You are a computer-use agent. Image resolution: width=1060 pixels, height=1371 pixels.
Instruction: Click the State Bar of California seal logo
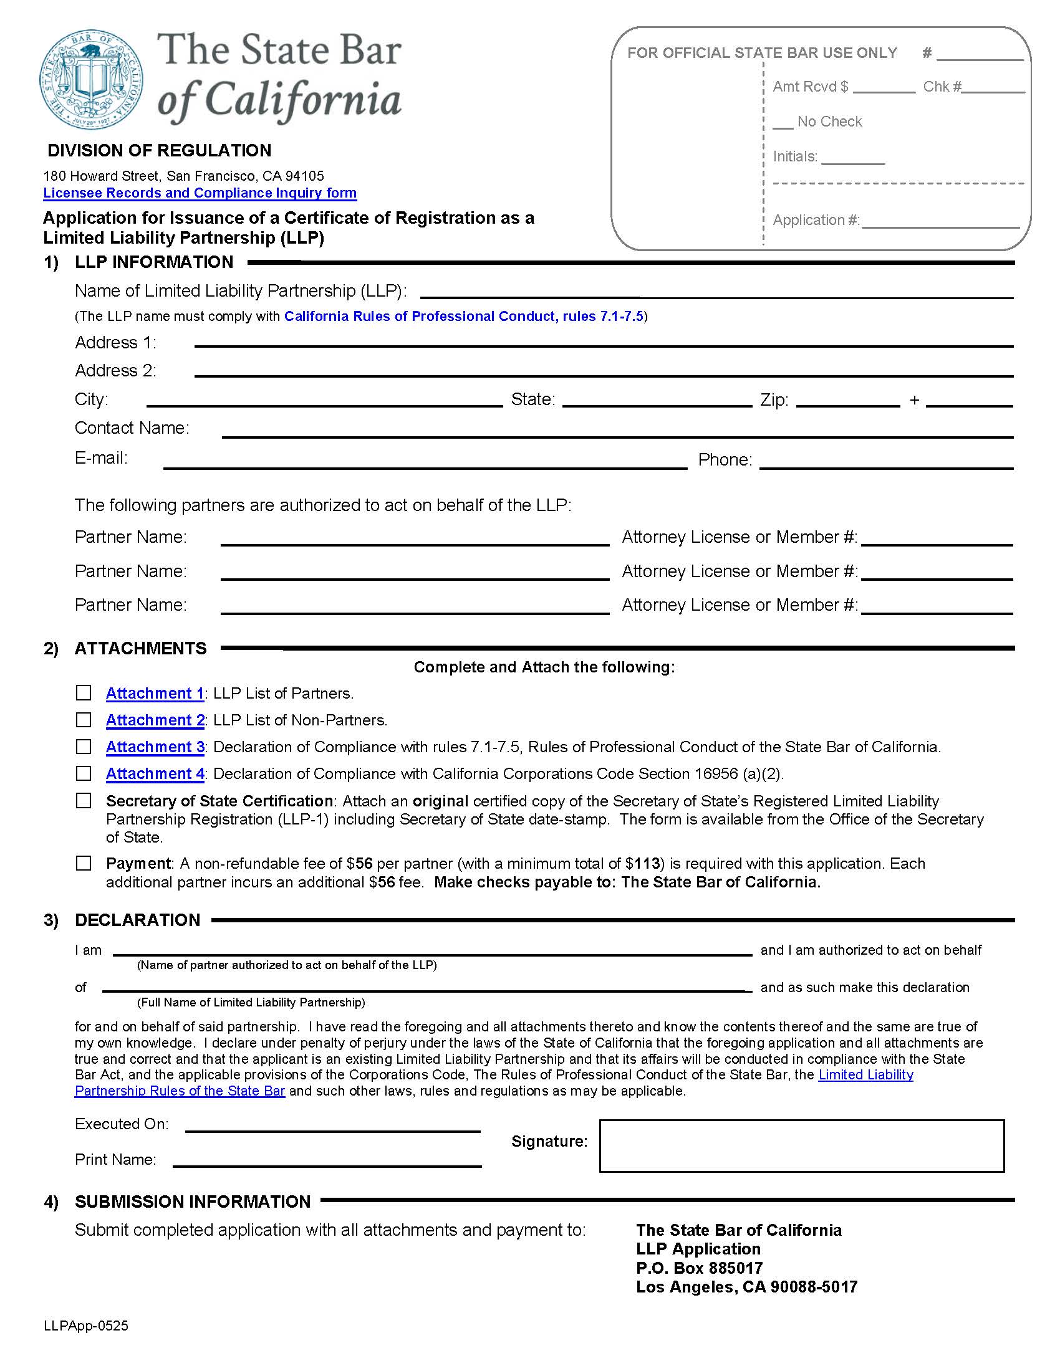click(92, 79)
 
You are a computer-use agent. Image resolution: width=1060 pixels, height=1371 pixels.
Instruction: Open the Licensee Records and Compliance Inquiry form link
click(200, 193)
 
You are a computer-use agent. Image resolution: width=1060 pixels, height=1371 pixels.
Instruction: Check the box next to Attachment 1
click(84, 692)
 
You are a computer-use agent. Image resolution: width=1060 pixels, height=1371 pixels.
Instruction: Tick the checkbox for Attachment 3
click(84, 747)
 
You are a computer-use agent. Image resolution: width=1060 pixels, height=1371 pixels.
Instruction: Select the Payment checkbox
click(84, 863)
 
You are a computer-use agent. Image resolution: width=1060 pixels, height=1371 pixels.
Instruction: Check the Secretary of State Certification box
click(84, 800)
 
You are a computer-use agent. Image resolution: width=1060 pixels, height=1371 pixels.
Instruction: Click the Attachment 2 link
click(155, 720)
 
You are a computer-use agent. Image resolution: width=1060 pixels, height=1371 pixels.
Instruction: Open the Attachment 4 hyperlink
click(155, 774)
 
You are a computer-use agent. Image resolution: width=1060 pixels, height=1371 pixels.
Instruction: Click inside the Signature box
click(801, 1145)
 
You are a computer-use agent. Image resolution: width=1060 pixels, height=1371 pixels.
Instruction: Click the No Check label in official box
click(829, 122)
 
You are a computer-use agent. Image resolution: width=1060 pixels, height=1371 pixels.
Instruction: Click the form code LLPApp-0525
click(86, 1326)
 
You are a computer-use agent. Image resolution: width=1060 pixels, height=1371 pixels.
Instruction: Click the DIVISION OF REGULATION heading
click(160, 151)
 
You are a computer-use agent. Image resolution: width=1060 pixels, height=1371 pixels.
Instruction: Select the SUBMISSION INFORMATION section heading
click(192, 1201)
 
